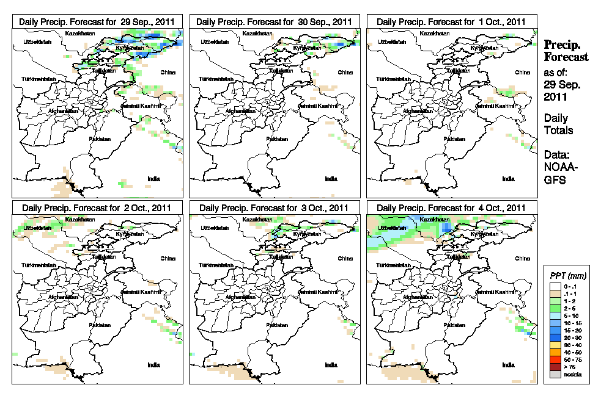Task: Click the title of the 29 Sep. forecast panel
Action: pos(97,21)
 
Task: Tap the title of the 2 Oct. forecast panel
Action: pos(97,207)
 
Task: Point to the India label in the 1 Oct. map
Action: pos(508,179)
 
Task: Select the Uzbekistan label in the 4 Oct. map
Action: pos(391,228)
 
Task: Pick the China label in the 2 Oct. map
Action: pos(168,258)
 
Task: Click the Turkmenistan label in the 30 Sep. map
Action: pos(216,80)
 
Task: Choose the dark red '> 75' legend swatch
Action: pos(555,367)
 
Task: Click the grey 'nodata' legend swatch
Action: pos(555,373)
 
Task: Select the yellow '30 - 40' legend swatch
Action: pos(555,346)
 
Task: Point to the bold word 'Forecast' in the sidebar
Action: pos(566,57)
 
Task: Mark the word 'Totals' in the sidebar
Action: pos(558,131)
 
